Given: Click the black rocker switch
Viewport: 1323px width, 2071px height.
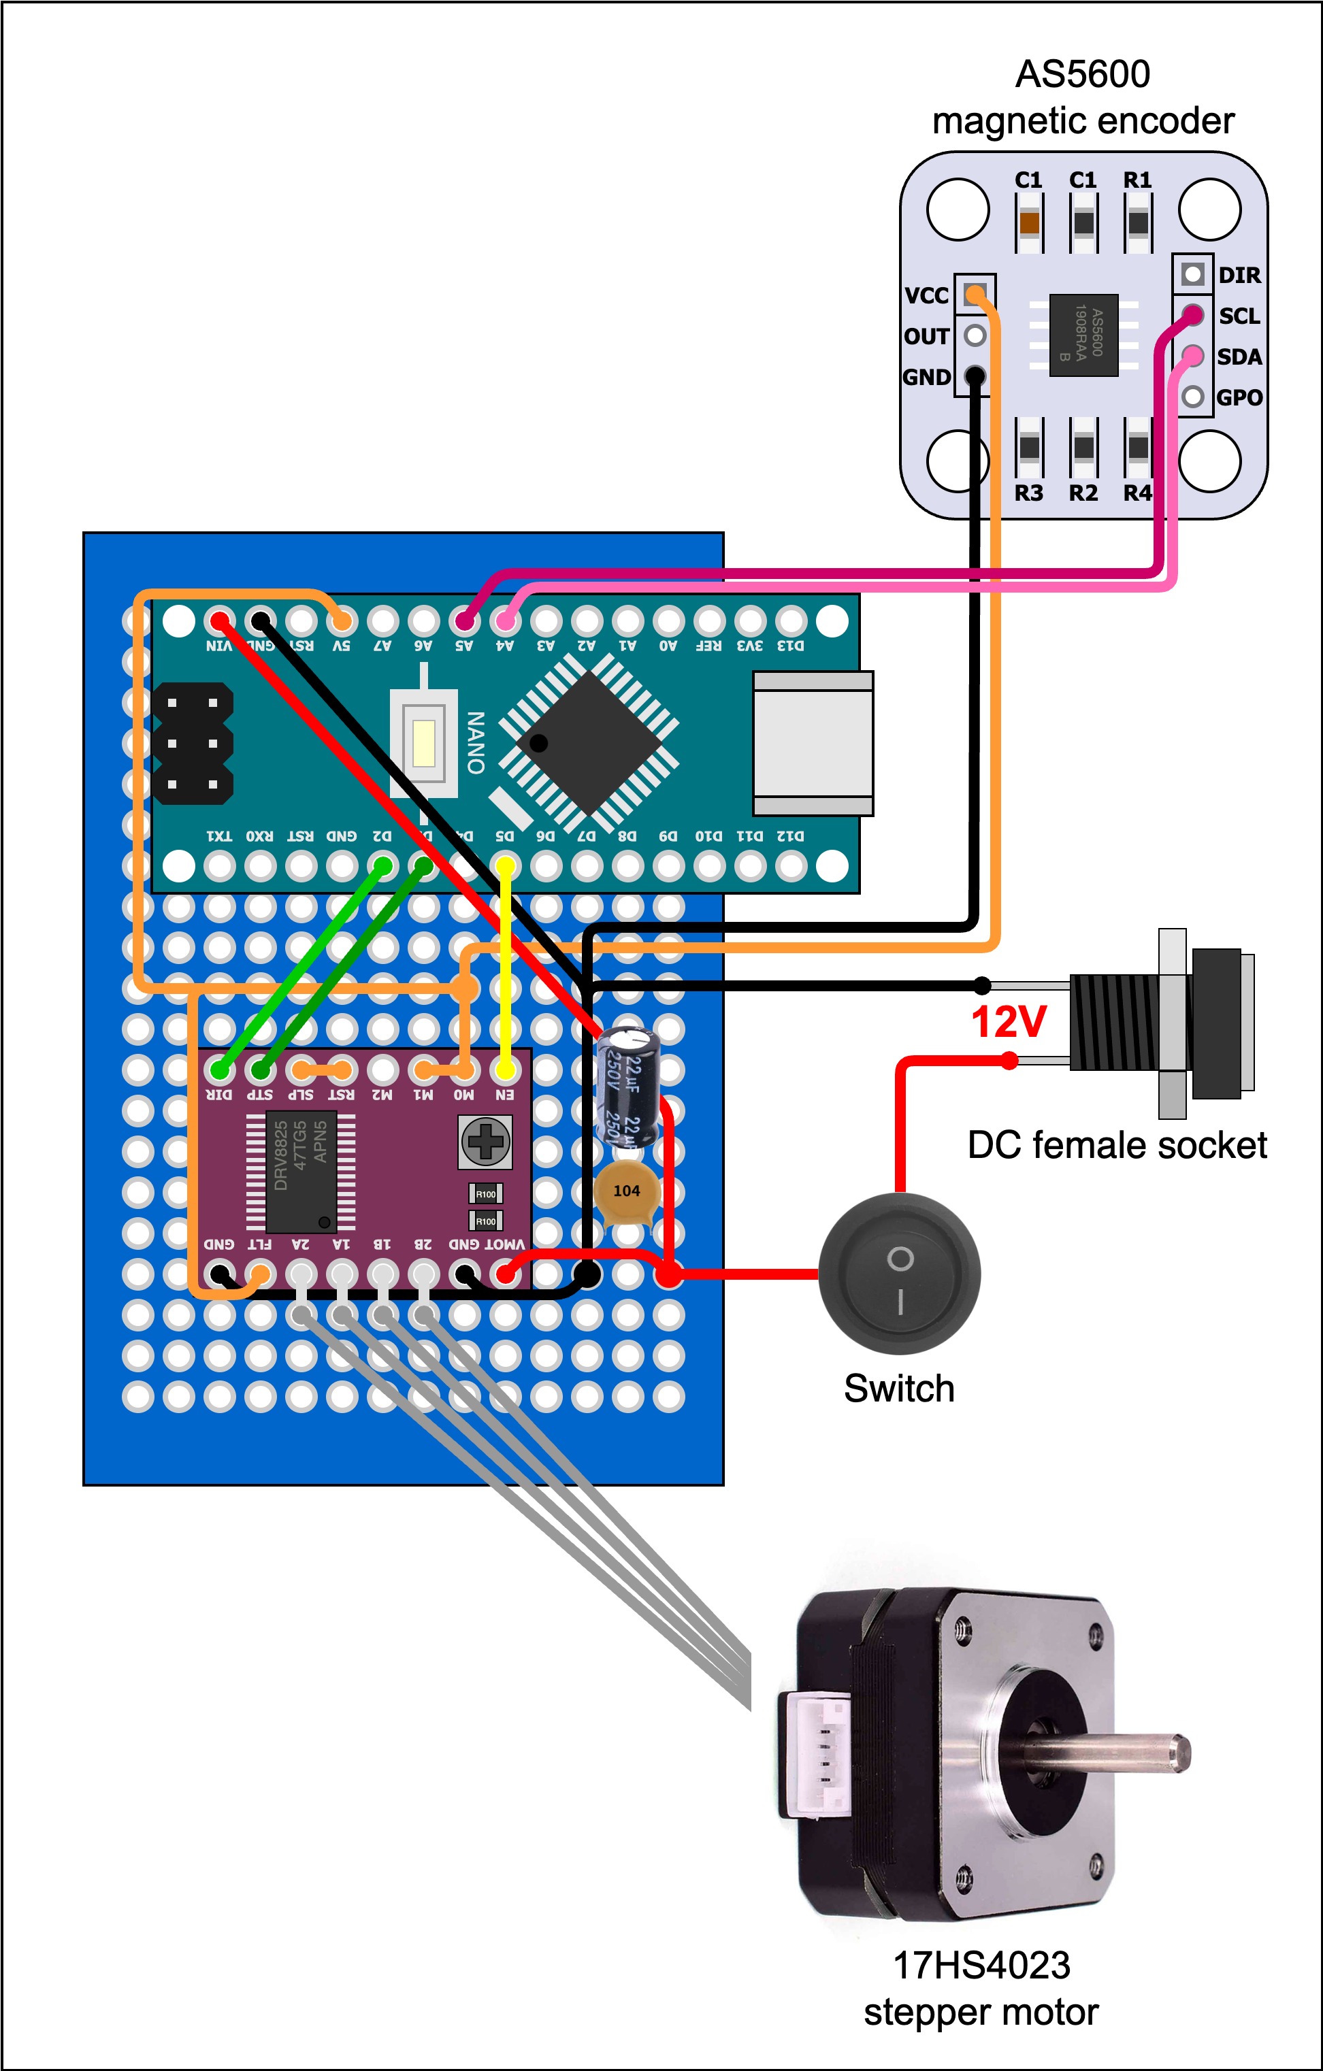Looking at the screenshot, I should click(899, 1274).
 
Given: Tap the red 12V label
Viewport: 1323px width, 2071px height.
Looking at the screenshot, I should click(1008, 1023).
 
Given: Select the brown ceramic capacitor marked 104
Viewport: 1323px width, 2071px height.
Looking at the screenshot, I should click(626, 1192).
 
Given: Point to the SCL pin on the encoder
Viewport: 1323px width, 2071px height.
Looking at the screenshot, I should click(1192, 315).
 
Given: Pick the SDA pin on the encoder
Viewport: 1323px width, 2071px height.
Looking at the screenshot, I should click(1192, 355).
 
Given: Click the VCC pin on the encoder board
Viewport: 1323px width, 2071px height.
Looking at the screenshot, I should click(975, 295).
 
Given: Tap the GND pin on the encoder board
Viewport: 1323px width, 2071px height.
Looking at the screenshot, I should click(975, 376).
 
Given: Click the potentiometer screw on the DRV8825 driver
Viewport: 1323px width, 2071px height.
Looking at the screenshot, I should click(485, 1141).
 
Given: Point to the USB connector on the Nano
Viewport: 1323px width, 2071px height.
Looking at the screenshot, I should click(813, 743).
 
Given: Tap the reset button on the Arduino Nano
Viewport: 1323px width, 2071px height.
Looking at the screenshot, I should click(423, 743).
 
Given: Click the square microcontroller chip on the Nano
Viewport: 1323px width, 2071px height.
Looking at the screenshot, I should click(589, 743).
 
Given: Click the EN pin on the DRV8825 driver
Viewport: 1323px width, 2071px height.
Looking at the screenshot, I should click(505, 1070).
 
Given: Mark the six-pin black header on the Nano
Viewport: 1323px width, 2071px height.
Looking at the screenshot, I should click(193, 743).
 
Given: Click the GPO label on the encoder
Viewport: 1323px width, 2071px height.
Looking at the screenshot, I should click(1239, 397).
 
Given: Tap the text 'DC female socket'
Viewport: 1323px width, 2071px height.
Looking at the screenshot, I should click(1117, 1146).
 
